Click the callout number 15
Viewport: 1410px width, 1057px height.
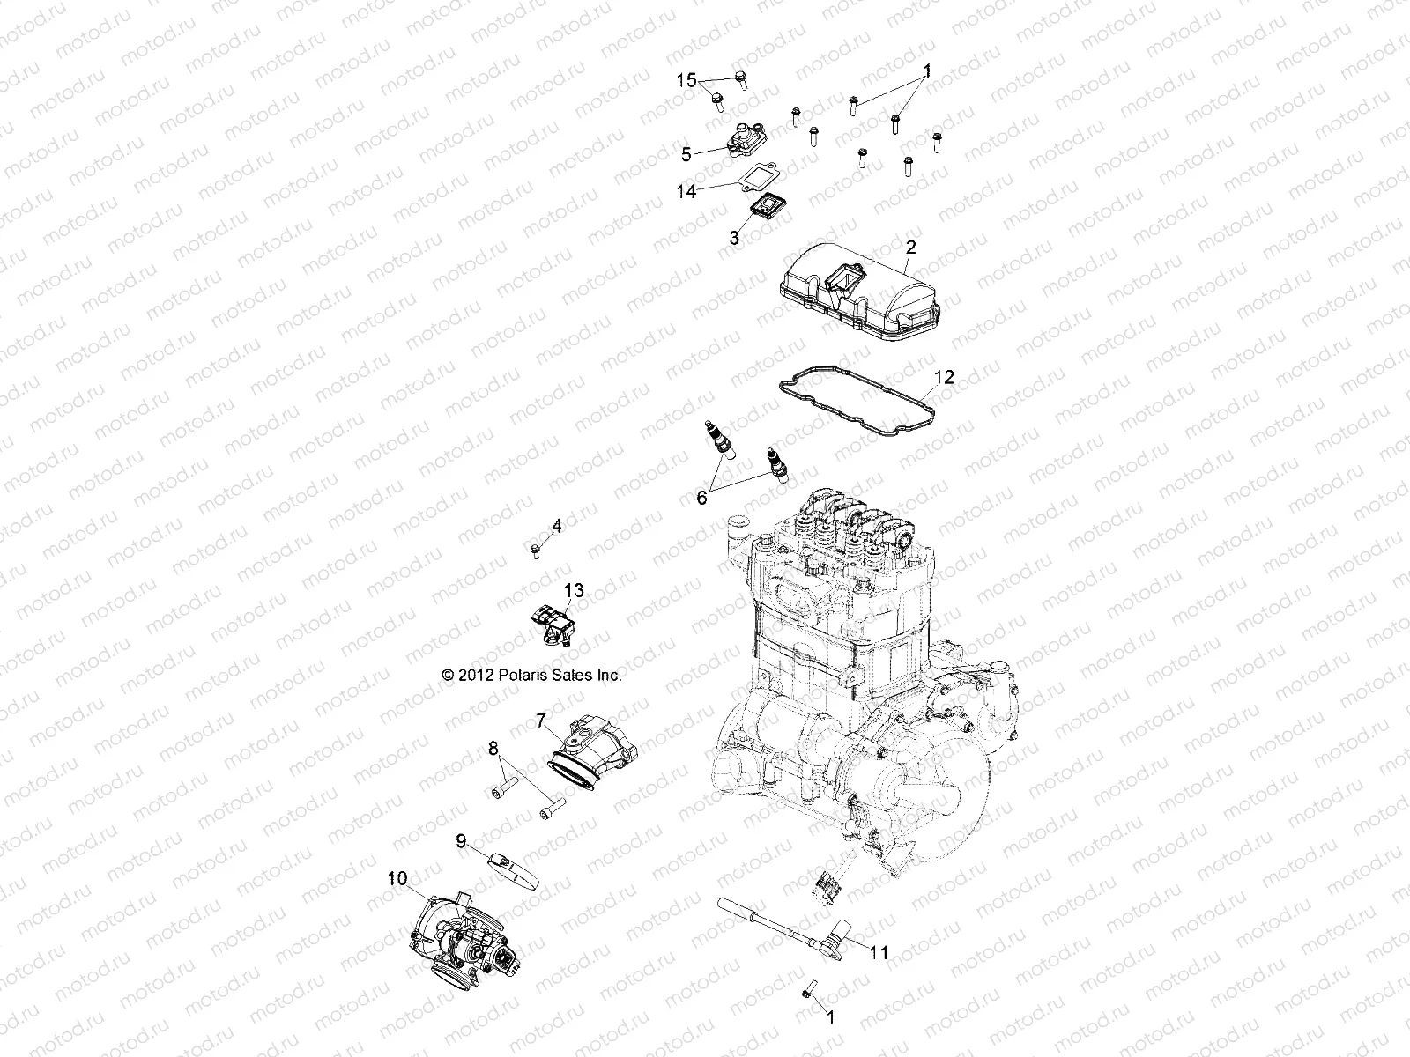click(x=686, y=80)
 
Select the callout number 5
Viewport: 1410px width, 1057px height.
click(x=686, y=155)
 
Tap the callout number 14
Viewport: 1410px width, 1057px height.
click(x=686, y=191)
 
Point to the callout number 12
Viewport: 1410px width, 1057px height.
click(x=944, y=377)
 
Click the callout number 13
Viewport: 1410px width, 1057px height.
click(x=574, y=590)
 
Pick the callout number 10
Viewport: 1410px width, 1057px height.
click(x=397, y=878)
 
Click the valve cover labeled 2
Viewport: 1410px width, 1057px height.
click(x=859, y=292)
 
